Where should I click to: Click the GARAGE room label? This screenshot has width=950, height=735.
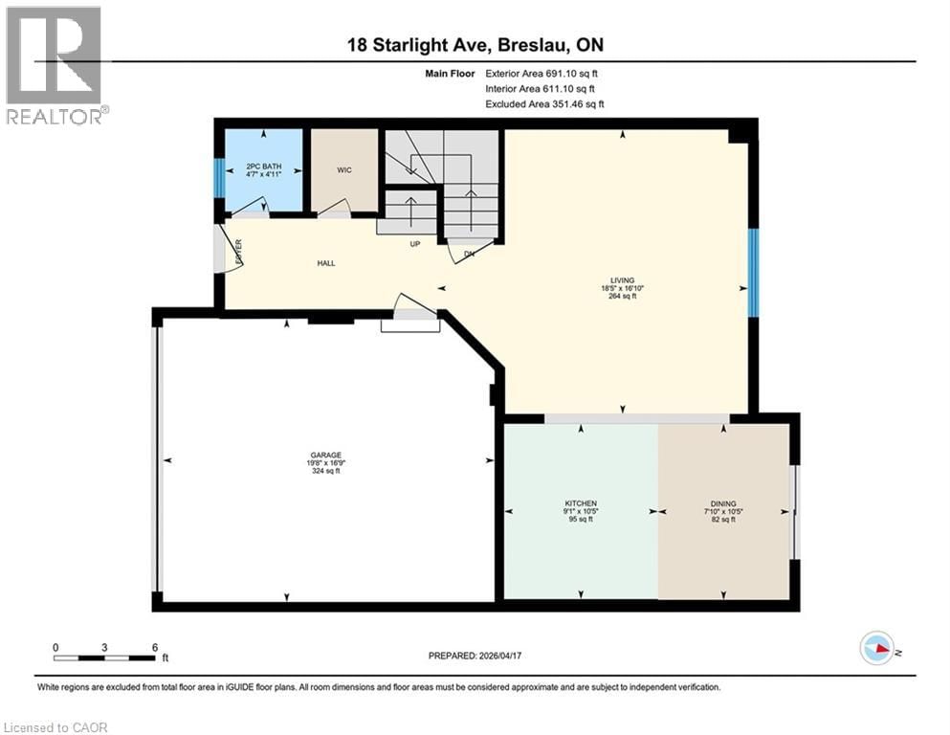tap(325, 456)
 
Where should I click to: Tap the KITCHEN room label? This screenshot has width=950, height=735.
tap(581, 503)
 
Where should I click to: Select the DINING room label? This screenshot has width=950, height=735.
tap(723, 503)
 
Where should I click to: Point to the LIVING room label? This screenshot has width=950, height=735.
tap(623, 280)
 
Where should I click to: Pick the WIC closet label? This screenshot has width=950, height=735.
tap(344, 170)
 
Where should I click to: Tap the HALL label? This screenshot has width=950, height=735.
tap(326, 263)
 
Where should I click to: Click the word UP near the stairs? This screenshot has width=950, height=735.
tap(415, 244)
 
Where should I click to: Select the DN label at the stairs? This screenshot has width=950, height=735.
tap(468, 253)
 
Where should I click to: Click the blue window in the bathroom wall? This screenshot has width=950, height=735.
tap(219, 177)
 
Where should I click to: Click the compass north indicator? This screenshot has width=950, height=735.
tap(877, 648)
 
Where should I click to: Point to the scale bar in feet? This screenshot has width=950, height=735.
tap(105, 657)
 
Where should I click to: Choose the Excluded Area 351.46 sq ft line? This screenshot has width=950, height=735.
tap(544, 104)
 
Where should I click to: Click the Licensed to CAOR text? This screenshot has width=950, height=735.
tap(56, 727)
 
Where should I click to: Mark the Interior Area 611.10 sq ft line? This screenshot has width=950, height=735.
tap(542, 89)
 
